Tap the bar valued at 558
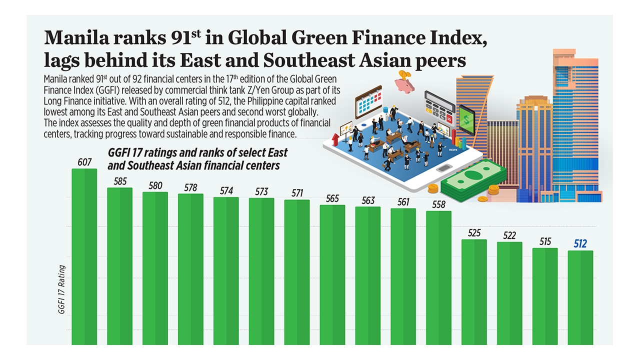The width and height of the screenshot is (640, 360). pos(439,277)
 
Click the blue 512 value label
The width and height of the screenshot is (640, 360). pos(580,244)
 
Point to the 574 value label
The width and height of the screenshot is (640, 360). pos(226,190)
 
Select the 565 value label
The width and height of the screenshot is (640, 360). pos(332,198)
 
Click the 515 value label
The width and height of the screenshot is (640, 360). pos(545,241)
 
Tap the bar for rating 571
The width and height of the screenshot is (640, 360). pos(297,272)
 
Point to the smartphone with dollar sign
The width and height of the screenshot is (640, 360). pos(466,120)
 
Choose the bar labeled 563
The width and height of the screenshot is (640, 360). pos(368,275)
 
